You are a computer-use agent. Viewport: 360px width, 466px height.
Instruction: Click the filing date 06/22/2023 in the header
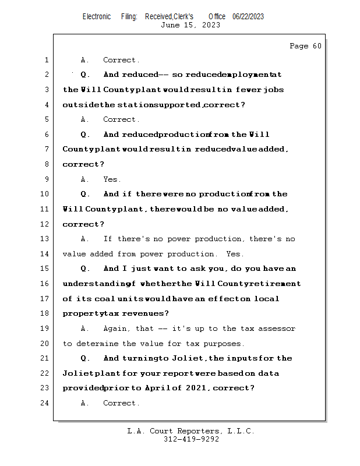pos(248,16)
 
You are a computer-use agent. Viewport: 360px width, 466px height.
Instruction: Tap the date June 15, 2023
pos(190,25)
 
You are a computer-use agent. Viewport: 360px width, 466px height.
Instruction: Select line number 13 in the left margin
pos(45,239)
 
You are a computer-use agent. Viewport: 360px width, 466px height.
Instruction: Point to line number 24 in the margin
pos(45,403)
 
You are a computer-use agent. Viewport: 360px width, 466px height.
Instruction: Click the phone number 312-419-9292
pos(191,440)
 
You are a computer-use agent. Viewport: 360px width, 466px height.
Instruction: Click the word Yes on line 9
pos(112,179)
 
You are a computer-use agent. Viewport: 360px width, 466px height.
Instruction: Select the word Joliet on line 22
pos(75,373)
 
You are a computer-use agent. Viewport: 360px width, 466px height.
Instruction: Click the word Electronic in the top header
pos(97,16)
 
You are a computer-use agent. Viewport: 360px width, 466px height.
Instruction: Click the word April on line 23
pos(158,389)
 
